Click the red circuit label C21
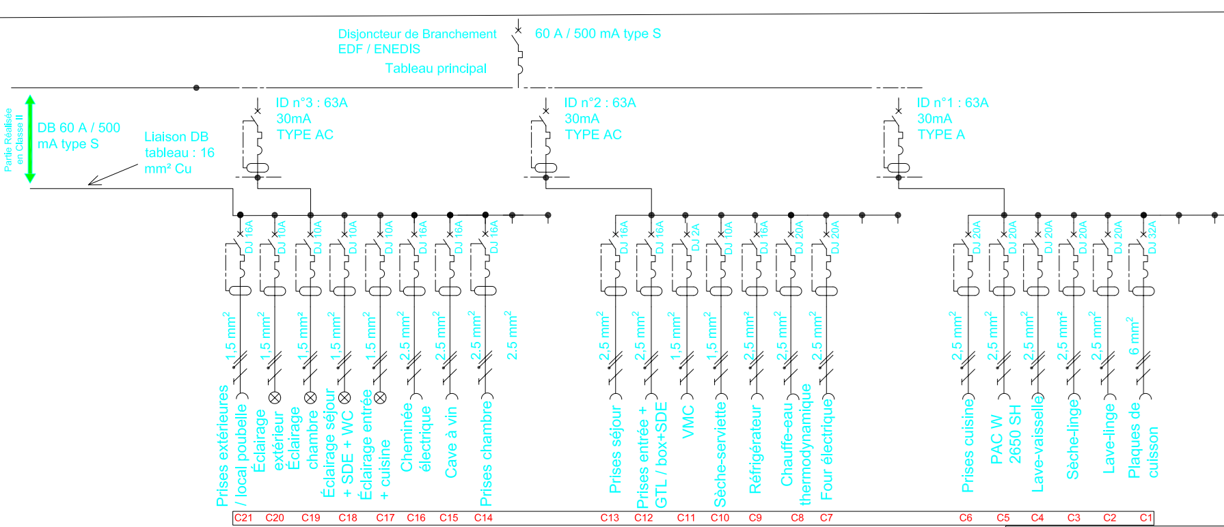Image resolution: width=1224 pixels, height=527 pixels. point(243,517)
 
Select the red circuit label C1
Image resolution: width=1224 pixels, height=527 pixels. point(1146,517)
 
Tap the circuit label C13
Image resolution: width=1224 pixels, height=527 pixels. point(610,517)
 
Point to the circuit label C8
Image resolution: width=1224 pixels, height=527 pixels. point(797,517)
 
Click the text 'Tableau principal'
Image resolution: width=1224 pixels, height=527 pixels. point(436,68)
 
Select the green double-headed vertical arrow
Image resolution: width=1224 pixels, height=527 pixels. point(29,139)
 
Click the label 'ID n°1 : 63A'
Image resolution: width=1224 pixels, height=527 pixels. point(953,103)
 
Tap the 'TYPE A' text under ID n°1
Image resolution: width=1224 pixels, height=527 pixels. point(941,134)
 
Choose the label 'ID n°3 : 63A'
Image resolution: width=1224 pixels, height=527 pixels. point(312,103)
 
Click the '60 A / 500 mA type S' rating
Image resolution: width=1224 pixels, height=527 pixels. point(598,33)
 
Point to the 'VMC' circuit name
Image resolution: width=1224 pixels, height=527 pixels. point(688,421)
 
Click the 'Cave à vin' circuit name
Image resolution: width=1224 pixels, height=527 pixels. point(451,442)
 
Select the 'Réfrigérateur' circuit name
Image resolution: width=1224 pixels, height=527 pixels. point(755,449)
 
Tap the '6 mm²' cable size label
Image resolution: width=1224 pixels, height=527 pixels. point(1134,336)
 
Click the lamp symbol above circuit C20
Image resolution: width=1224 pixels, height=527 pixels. point(275,397)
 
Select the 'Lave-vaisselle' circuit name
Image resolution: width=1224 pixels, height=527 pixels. point(1038,444)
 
